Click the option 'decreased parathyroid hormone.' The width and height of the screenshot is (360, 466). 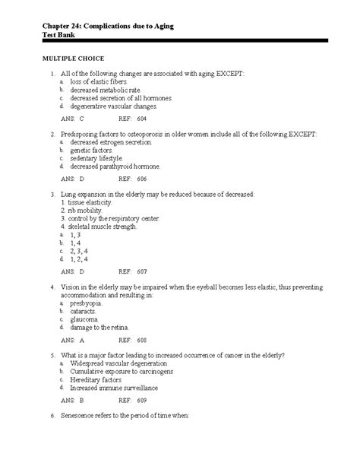click(112, 166)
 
